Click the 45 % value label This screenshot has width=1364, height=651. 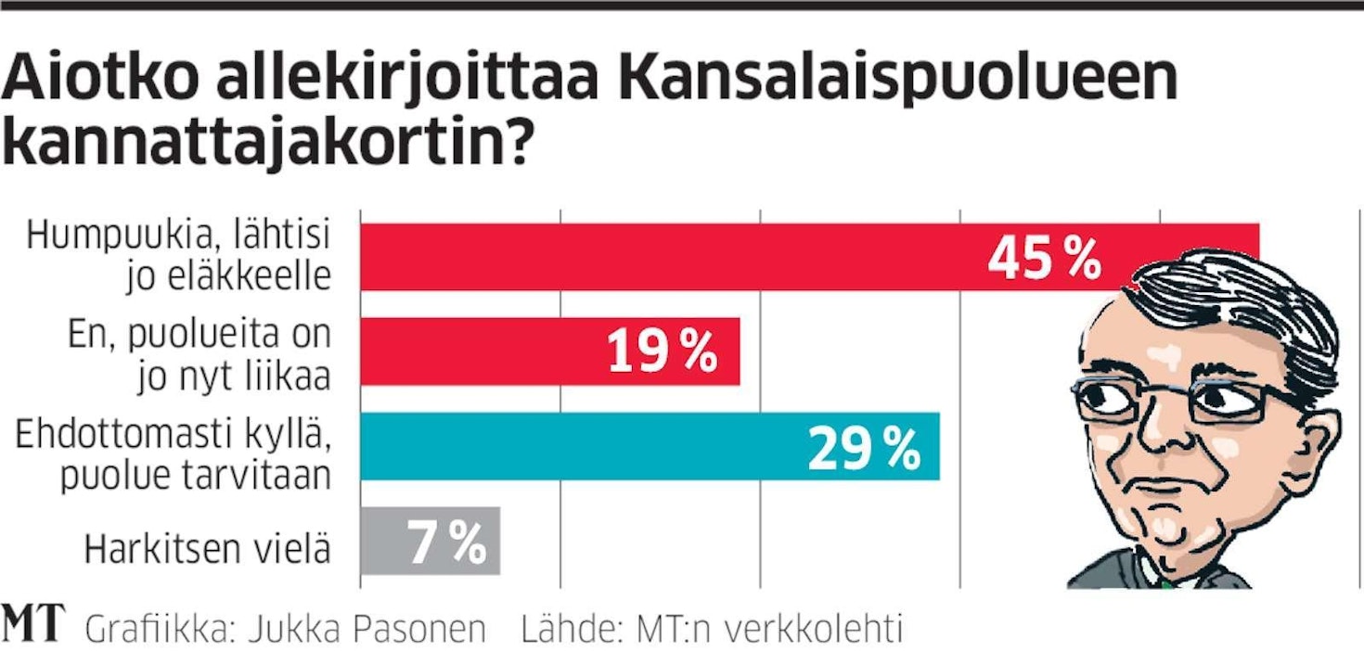pos(1044,258)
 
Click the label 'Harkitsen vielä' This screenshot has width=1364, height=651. pos(207,549)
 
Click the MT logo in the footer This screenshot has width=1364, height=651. pos(33,625)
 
